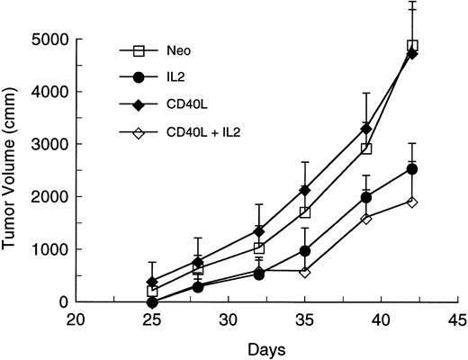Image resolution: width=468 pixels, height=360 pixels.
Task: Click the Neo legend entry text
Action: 179,50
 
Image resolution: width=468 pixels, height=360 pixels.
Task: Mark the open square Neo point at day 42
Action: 412,46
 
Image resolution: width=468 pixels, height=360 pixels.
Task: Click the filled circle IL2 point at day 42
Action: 412,169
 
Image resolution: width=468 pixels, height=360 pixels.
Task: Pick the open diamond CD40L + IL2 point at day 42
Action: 412,202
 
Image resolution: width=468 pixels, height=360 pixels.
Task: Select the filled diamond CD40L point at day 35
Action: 305,190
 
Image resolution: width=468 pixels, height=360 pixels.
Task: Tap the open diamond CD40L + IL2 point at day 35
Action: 305,271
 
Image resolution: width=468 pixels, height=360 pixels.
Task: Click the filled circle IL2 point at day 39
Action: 366,197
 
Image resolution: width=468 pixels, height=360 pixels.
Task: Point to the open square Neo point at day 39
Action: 366,148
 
